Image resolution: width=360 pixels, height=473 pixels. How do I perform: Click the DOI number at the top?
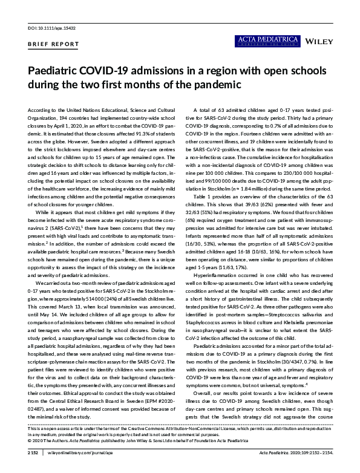tap(46, 28)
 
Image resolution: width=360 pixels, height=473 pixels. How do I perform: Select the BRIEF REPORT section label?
tap(53, 44)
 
